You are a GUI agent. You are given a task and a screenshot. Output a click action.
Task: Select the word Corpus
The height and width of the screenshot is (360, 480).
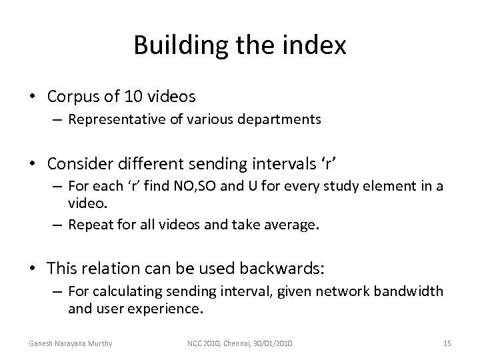coord(73,97)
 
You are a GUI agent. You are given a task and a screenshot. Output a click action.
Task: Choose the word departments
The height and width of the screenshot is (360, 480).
coord(289,120)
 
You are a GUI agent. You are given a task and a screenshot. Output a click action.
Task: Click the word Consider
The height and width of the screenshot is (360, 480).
coord(81,161)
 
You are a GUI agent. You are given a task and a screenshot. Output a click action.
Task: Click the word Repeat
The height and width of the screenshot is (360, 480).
coord(88,225)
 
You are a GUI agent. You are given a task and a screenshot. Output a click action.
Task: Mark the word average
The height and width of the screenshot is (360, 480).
coord(292,225)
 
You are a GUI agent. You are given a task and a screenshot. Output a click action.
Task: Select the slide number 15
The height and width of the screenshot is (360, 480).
coord(447,343)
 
